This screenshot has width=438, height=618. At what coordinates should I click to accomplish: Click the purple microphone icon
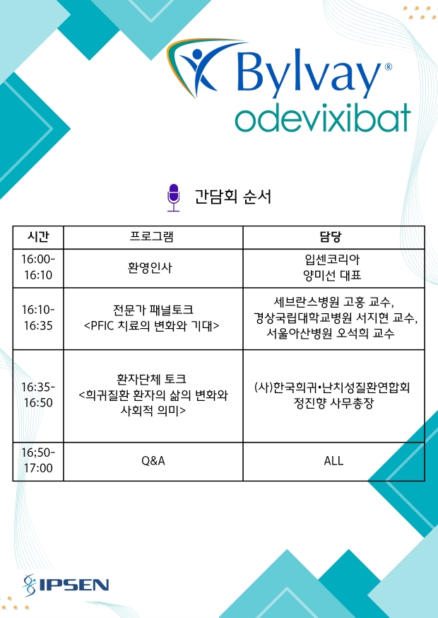click(173, 197)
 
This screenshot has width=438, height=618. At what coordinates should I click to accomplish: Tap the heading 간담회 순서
click(233, 197)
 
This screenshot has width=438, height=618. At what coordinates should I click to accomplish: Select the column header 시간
click(38, 238)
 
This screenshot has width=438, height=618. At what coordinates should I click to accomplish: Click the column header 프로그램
click(152, 237)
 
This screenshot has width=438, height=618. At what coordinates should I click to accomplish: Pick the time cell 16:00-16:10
click(38, 267)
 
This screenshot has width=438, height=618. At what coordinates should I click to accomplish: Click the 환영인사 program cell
click(150, 268)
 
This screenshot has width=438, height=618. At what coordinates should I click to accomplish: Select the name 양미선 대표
click(332, 276)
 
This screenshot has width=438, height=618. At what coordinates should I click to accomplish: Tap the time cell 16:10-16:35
click(38, 317)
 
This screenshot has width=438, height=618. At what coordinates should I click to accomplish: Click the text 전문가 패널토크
click(153, 310)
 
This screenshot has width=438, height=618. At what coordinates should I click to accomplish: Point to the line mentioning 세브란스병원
click(334, 303)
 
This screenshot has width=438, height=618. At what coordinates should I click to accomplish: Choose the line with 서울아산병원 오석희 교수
click(331, 334)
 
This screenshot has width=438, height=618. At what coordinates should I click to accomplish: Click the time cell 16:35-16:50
click(38, 395)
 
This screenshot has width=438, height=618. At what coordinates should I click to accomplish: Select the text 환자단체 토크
click(152, 380)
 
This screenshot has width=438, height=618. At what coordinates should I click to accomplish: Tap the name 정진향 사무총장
click(333, 404)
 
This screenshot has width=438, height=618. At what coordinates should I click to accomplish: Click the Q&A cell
click(153, 460)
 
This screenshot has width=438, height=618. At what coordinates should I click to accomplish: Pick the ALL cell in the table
click(333, 460)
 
